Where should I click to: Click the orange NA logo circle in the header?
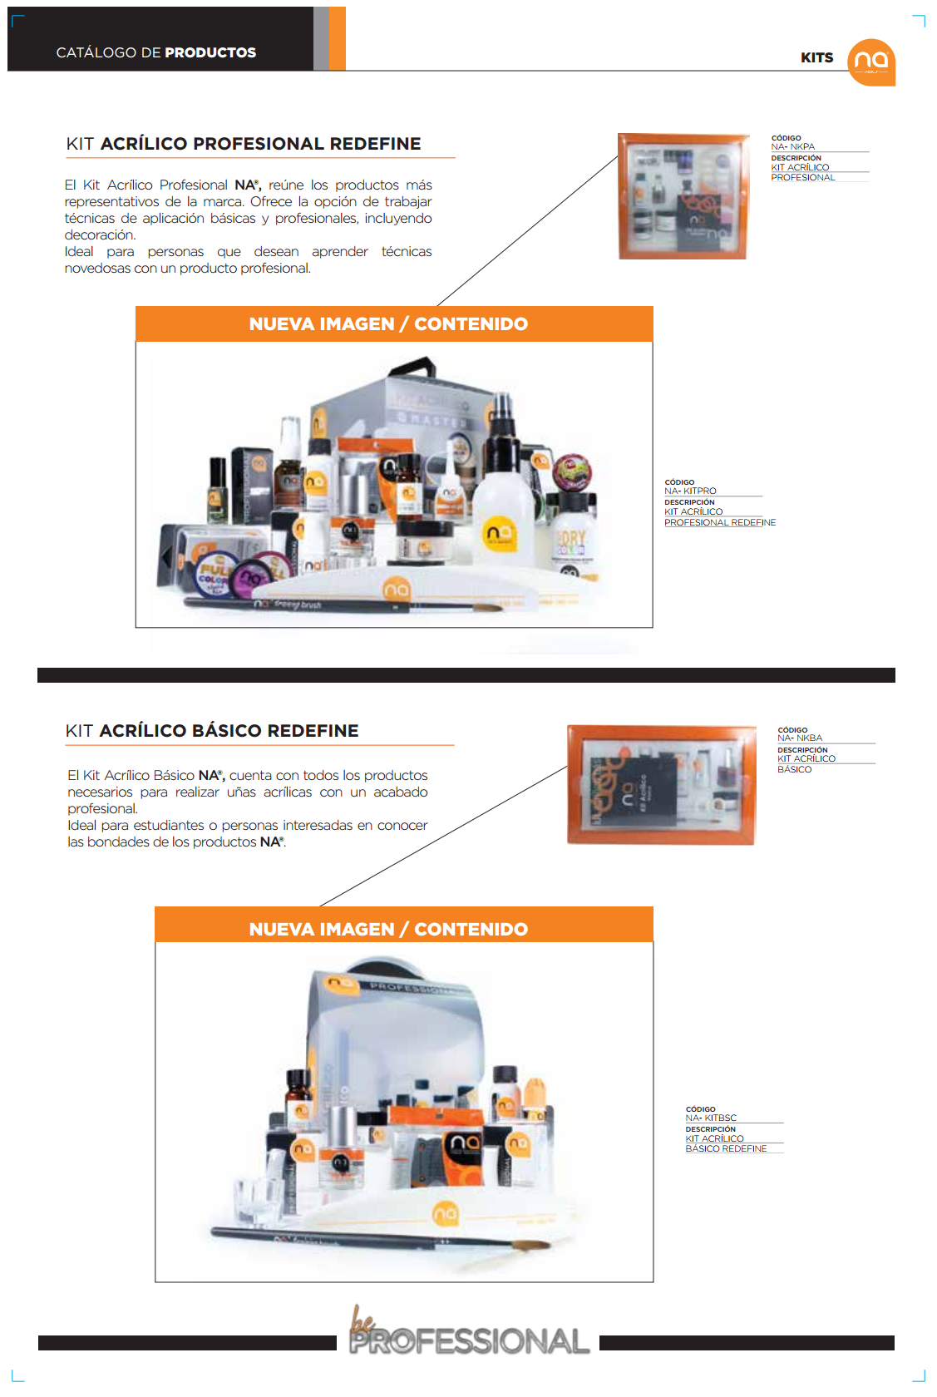[x=870, y=62]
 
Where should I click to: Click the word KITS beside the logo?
[x=816, y=57]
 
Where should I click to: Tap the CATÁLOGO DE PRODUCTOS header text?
[x=155, y=52]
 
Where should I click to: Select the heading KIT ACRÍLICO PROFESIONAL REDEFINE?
[x=244, y=144]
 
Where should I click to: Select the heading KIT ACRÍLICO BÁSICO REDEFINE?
[x=212, y=731]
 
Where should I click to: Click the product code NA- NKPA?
[x=793, y=147]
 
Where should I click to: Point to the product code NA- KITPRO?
[x=690, y=491]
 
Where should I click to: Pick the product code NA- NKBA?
[x=800, y=738]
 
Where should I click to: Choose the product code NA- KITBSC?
[x=711, y=1118]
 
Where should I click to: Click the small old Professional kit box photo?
[x=682, y=196]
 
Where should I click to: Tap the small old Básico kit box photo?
[x=661, y=784]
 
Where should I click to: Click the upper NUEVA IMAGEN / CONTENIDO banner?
[x=393, y=324]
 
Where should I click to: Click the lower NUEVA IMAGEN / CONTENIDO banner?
[x=403, y=929]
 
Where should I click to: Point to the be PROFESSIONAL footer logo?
[x=468, y=1334]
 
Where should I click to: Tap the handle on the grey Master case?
[x=416, y=368]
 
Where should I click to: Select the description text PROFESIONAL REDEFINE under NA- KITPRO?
[x=720, y=523]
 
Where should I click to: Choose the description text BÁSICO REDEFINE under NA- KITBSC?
[x=726, y=1149]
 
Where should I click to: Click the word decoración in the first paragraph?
[x=100, y=235]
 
